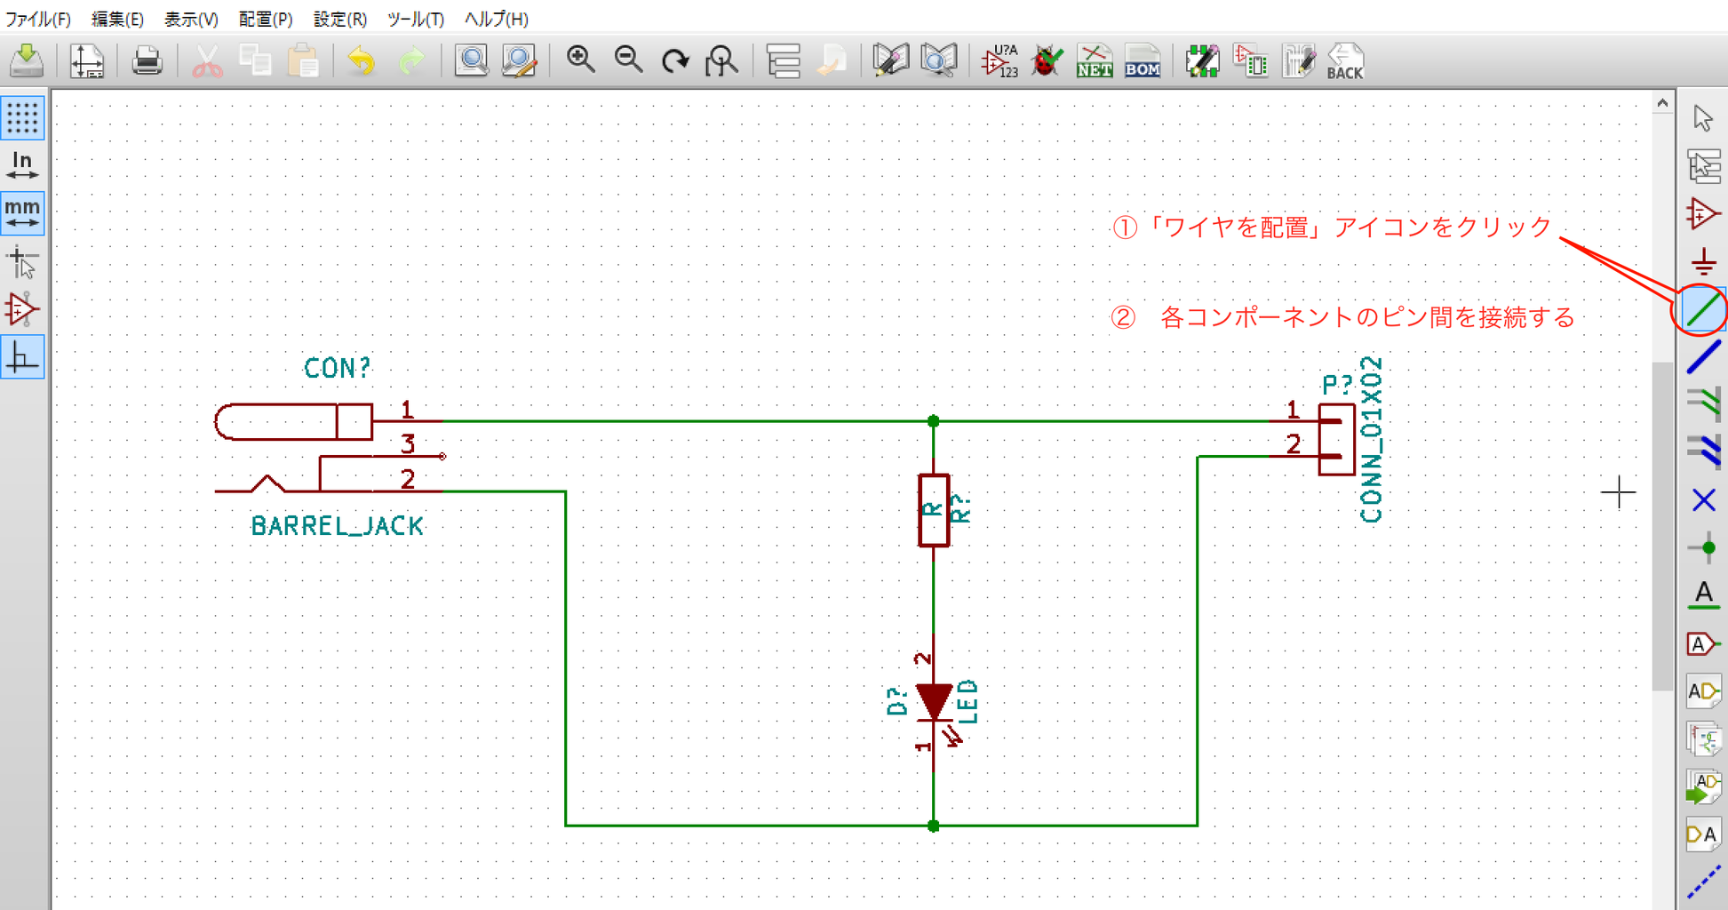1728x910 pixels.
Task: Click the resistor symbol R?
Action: (x=934, y=510)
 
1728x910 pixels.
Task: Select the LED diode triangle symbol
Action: (x=934, y=701)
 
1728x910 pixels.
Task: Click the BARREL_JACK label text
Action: (x=338, y=526)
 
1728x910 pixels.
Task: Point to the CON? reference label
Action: (x=337, y=368)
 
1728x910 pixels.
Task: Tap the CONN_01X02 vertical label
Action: (x=1371, y=439)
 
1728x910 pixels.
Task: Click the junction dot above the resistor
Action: (x=933, y=421)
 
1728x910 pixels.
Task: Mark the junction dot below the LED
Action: (x=933, y=826)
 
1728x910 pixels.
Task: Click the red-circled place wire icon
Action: (x=1702, y=310)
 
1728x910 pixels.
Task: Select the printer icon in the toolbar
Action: (x=147, y=61)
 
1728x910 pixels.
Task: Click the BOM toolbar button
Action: (x=1143, y=61)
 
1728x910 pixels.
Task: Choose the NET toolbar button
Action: (x=1095, y=61)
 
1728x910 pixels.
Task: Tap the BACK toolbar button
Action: (x=1345, y=61)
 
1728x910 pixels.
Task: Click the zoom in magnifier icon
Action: (x=580, y=60)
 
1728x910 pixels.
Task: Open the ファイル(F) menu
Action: (x=38, y=19)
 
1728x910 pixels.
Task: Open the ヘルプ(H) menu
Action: (x=497, y=19)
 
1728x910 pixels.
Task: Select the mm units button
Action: (x=22, y=213)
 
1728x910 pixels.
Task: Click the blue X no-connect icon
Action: (x=1703, y=500)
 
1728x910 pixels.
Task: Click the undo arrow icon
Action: (x=361, y=61)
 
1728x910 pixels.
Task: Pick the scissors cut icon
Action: (x=207, y=61)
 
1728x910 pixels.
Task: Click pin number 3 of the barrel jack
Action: (x=408, y=443)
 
